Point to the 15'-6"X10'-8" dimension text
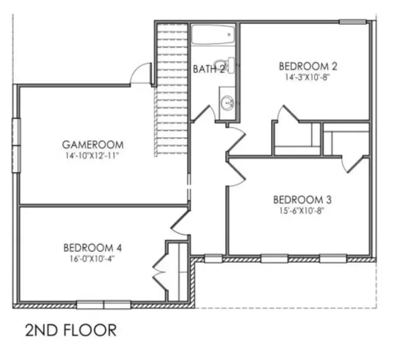pos(301,209)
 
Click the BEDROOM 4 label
pos(93,248)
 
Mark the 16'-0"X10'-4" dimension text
pos(93,258)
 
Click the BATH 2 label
pos(208,69)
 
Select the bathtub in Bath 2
pos(214,34)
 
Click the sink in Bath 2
pos(227,103)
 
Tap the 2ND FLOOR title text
pos(70,330)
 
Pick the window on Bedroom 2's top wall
pos(352,21)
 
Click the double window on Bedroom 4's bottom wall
pos(103,305)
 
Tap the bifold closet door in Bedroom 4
pos(159,271)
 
